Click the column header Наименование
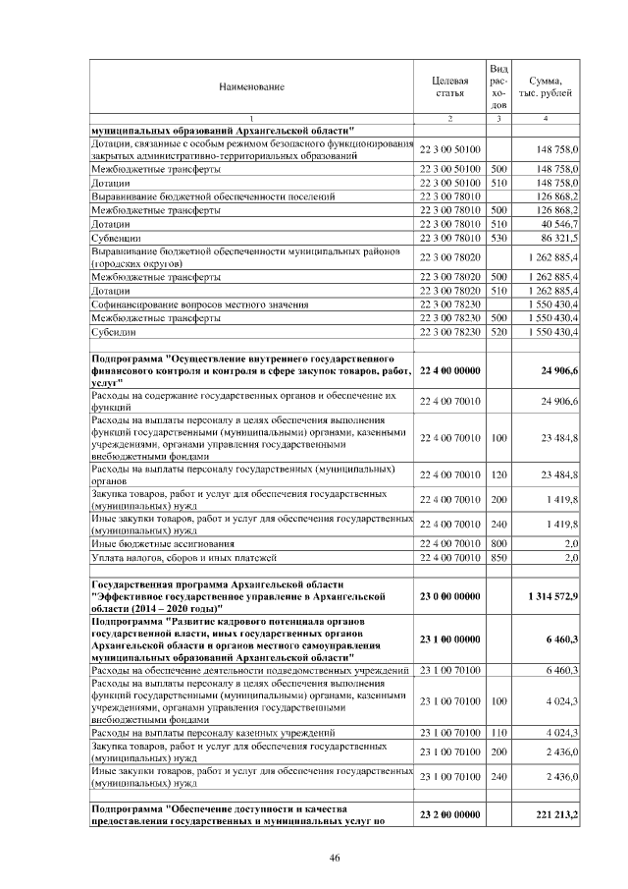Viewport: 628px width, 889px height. (252, 86)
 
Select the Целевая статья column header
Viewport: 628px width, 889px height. (449, 85)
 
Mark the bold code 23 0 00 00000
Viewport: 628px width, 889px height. (449, 596)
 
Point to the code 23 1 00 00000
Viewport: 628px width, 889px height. (449, 639)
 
